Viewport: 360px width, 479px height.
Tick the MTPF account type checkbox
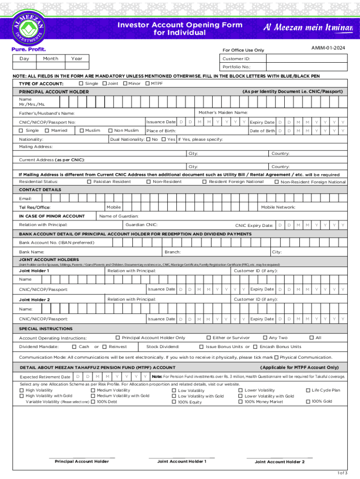[147, 83]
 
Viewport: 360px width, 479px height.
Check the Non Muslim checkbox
[111, 131]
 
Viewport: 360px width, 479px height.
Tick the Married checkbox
[47, 131]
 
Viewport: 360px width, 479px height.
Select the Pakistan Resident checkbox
[89, 181]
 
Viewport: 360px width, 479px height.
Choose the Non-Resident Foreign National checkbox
[276, 181]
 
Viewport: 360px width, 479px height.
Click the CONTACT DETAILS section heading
[40, 190]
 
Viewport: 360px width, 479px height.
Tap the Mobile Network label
[278, 207]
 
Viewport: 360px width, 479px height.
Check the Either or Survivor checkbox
[209, 337]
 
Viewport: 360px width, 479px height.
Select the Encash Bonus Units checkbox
[255, 347]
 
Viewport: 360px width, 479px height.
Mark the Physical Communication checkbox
[277, 357]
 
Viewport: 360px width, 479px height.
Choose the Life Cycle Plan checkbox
[308, 390]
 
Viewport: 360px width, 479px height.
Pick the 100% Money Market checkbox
[240, 401]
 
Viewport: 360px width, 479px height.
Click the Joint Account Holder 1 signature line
[181, 457]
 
